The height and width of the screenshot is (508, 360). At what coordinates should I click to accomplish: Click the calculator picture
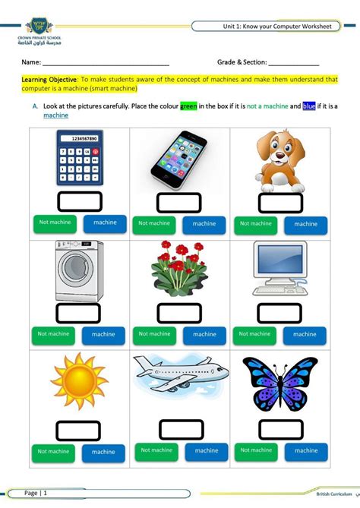pyautogui.click(x=79, y=159)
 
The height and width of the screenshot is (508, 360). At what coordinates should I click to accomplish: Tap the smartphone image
pyautogui.click(x=179, y=159)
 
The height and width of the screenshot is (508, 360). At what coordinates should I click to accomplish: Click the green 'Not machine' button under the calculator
pyautogui.click(x=54, y=223)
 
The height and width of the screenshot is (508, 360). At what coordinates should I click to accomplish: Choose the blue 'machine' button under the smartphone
pyautogui.click(x=204, y=224)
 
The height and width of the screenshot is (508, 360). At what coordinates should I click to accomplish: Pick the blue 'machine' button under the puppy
pyautogui.click(x=305, y=224)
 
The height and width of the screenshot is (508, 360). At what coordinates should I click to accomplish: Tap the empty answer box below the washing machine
pyautogui.click(x=79, y=313)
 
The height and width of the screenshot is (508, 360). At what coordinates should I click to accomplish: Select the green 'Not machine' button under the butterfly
pyautogui.click(x=255, y=450)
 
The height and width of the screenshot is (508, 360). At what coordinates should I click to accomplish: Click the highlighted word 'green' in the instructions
pyautogui.click(x=188, y=106)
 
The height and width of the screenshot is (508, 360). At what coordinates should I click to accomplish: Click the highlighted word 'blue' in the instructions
pyautogui.click(x=308, y=106)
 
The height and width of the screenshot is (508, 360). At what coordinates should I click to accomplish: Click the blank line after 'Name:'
pyautogui.click(x=106, y=62)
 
